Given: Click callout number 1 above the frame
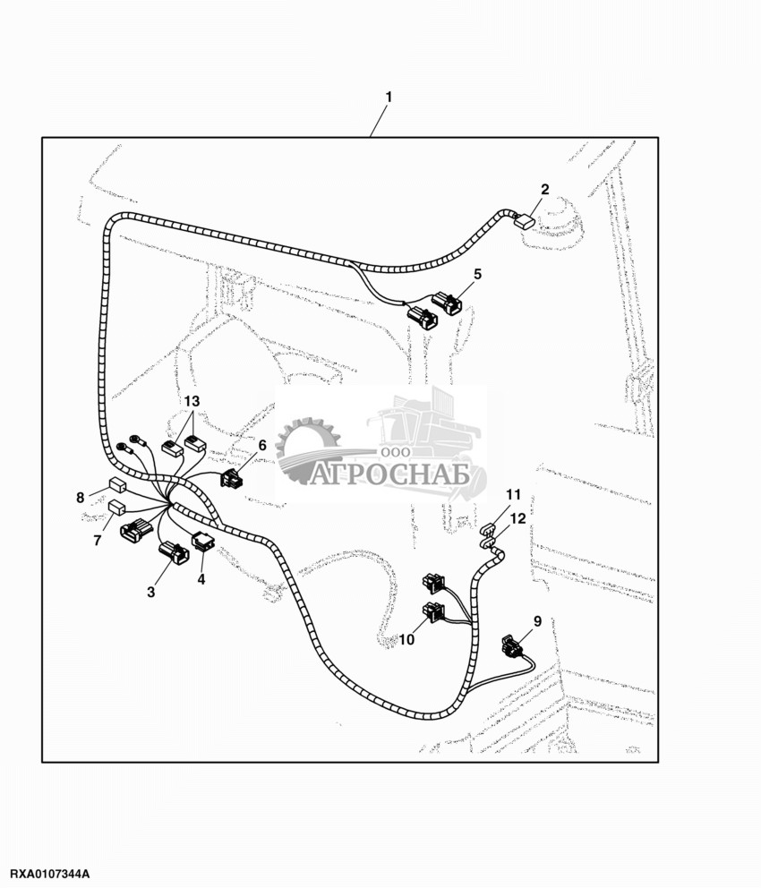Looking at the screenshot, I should pyautogui.click(x=389, y=96).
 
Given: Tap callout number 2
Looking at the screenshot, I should pyautogui.click(x=544, y=189).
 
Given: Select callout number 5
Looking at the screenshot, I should pyautogui.click(x=477, y=274).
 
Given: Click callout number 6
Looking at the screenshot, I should pyautogui.click(x=262, y=445).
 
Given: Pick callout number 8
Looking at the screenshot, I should pyautogui.click(x=81, y=497).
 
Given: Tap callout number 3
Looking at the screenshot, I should pyautogui.click(x=150, y=592).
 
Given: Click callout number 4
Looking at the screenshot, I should pyautogui.click(x=201, y=579).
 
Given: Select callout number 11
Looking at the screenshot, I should pyautogui.click(x=512, y=495).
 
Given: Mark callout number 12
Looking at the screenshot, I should pyautogui.click(x=518, y=518).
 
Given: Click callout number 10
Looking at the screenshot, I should pyautogui.click(x=406, y=639).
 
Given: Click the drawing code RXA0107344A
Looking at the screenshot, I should pyautogui.click(x=51, y=873).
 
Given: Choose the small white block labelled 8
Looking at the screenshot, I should pyautogui.click(x=117, y=487).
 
